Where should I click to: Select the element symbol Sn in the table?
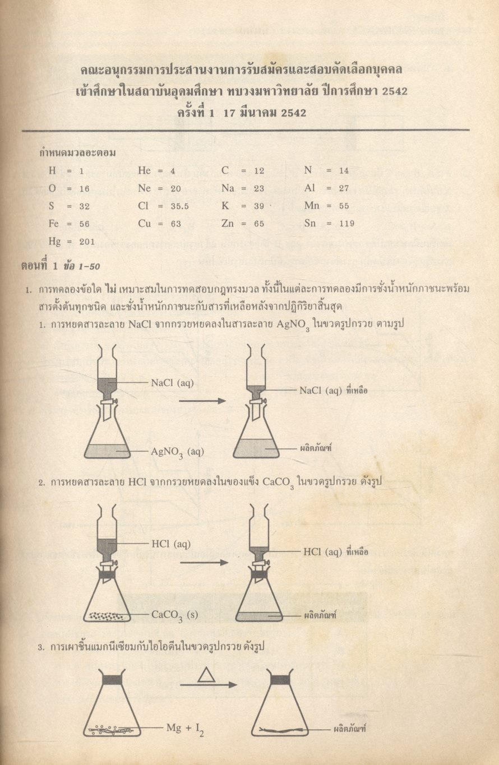311,224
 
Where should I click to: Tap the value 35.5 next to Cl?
179,206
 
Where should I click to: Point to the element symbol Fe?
54,224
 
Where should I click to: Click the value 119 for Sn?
347,224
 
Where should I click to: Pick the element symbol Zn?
228,224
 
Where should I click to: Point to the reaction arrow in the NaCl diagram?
202,401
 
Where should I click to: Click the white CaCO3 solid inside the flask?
107,616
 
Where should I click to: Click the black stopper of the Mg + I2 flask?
112,680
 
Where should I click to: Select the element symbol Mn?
312,206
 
